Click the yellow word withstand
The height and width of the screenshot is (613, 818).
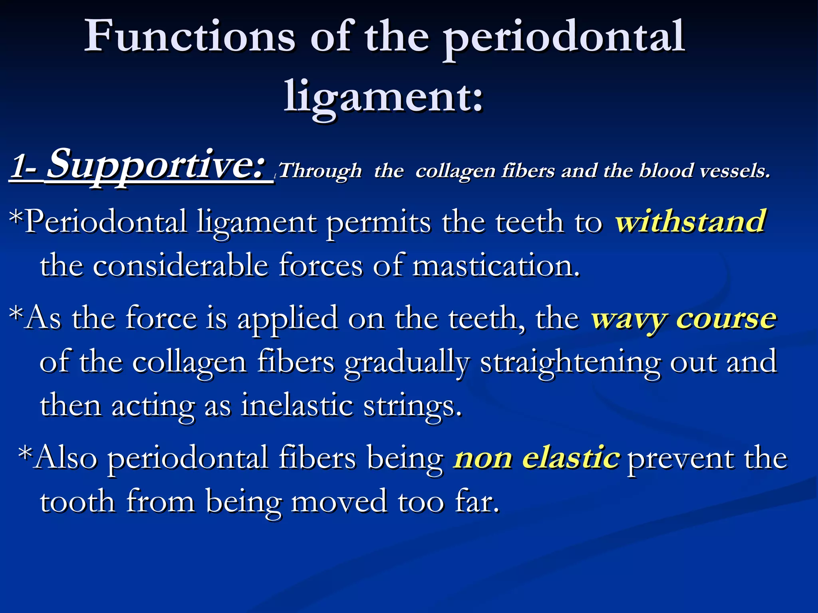click(x=690, y=221)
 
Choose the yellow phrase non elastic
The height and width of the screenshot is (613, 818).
click(x=537, y=458)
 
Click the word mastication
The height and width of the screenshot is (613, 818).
click(x=496, y=265)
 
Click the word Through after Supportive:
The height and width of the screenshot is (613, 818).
click(x=320, y=171)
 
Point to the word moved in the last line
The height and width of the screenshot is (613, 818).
click(x=339, y=502)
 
